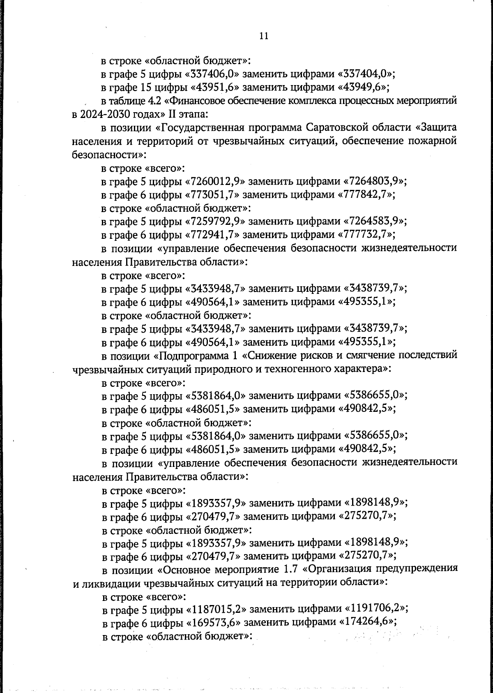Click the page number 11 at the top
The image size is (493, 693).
pyautogui.click(x=264, y=36)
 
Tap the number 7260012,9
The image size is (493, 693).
pyautogui.click(x=216, y=181)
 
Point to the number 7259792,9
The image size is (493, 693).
pyautogui.click(x=216, y=222)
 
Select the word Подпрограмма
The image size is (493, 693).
pyautogui.click(x=200, y=355)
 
